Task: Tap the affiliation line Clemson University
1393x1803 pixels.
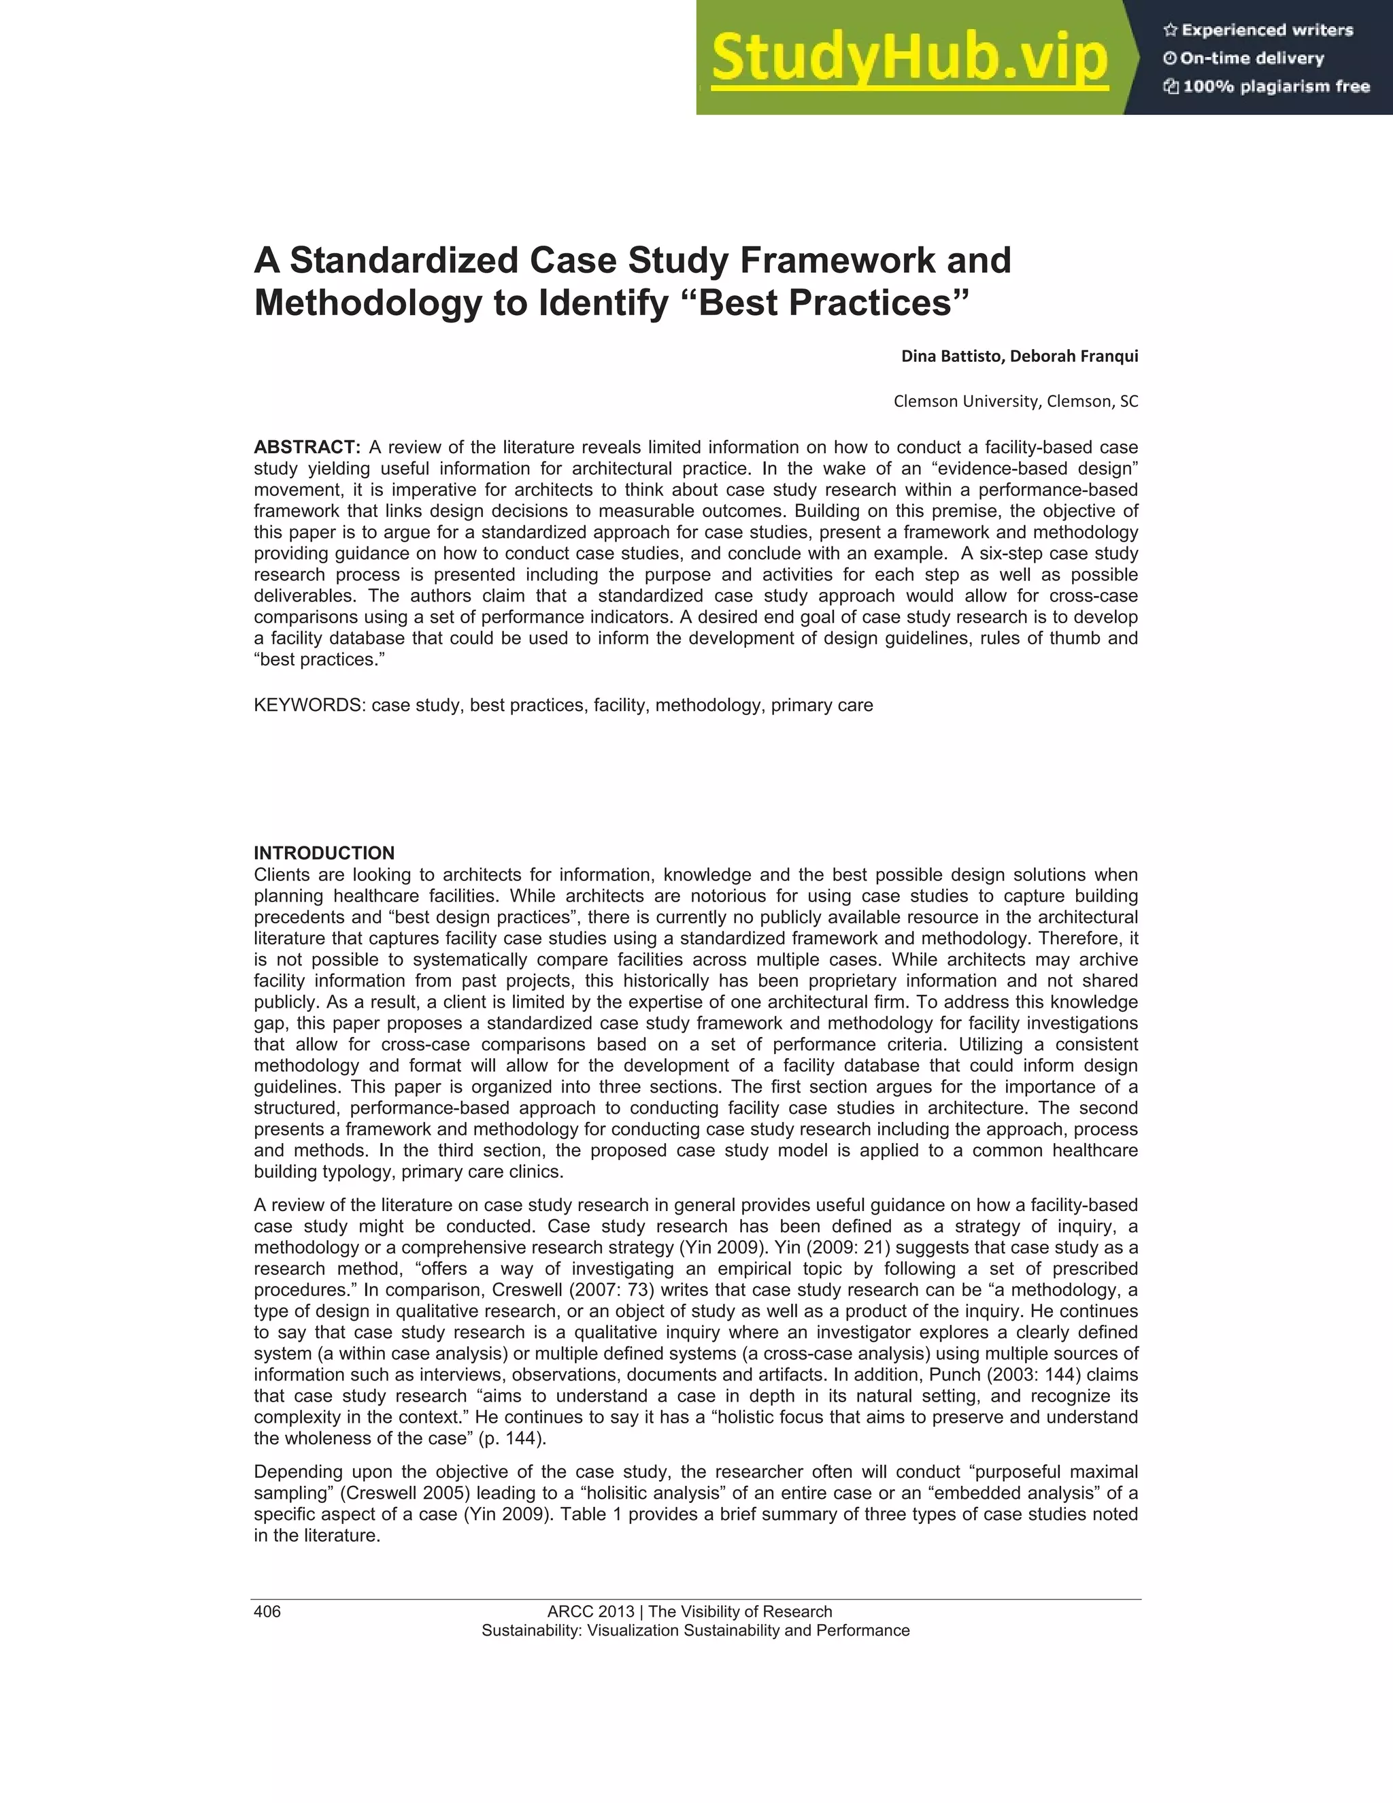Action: pyautogui.click(x=1015, y=402)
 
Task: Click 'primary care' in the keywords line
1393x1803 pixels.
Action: pyautogui.click(x=822, y=706)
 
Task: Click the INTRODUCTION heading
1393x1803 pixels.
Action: pyautogui.click(x=324, y=853)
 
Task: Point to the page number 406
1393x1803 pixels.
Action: pyautogui.click(x=267, y=1611)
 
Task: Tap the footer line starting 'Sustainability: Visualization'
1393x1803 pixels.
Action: pyautogui.click(x=696, y=1630)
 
